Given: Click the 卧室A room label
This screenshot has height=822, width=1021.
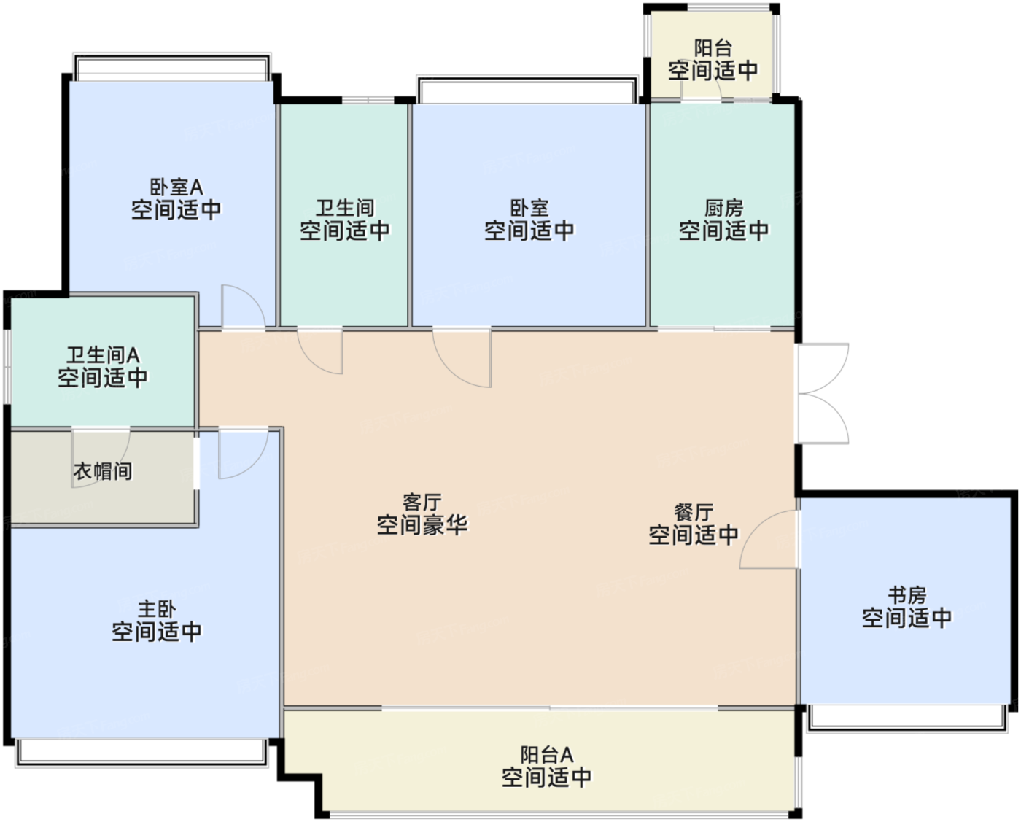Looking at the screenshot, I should coord(176,187).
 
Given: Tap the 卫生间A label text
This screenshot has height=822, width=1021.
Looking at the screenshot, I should coord(103,355).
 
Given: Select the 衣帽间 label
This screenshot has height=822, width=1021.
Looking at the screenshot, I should coord(103,471).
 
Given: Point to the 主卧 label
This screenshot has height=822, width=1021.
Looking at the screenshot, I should coord(157,608).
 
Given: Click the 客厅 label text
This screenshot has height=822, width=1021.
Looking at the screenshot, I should coord(422,502).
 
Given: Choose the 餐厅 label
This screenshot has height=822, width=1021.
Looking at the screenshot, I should coord(694,512).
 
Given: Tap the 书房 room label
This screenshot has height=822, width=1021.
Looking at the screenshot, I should coord(907,595).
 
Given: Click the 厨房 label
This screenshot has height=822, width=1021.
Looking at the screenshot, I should coord(723,208).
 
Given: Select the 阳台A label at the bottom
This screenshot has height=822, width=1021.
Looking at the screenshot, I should coord(546,754).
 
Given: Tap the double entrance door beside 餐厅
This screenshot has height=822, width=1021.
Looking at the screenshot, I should coord(822,394).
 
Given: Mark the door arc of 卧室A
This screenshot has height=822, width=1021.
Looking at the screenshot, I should coord(242,307).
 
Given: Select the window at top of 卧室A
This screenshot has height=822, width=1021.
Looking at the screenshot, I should coord(172,68).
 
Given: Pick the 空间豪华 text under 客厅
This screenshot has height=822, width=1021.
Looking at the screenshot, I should coord(422,525).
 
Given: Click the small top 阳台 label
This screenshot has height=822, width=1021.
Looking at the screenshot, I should coord(713,48).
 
